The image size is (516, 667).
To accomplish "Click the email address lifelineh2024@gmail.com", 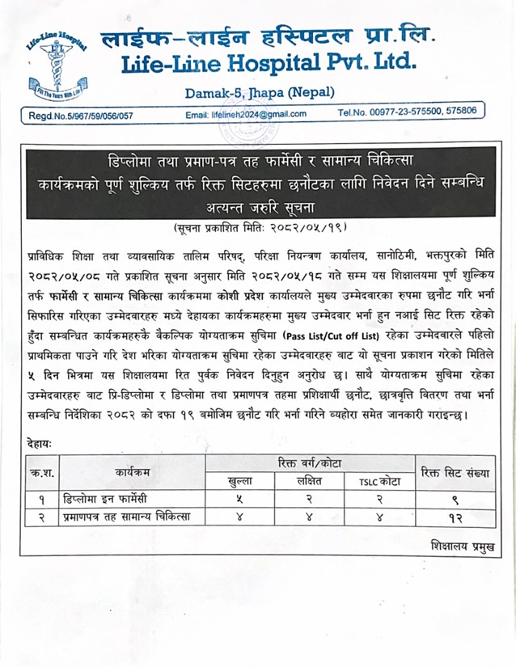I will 246,114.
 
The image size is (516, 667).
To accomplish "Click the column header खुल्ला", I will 242,481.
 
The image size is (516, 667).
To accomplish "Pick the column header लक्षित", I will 310,481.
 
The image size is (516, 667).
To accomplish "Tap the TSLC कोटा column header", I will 379,481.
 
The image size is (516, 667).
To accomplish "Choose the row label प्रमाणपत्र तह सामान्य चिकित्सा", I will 128,517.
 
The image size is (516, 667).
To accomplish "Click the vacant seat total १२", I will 455,517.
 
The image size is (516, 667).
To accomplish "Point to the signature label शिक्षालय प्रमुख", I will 459,547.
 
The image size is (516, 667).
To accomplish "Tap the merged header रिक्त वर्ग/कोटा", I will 310,463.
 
